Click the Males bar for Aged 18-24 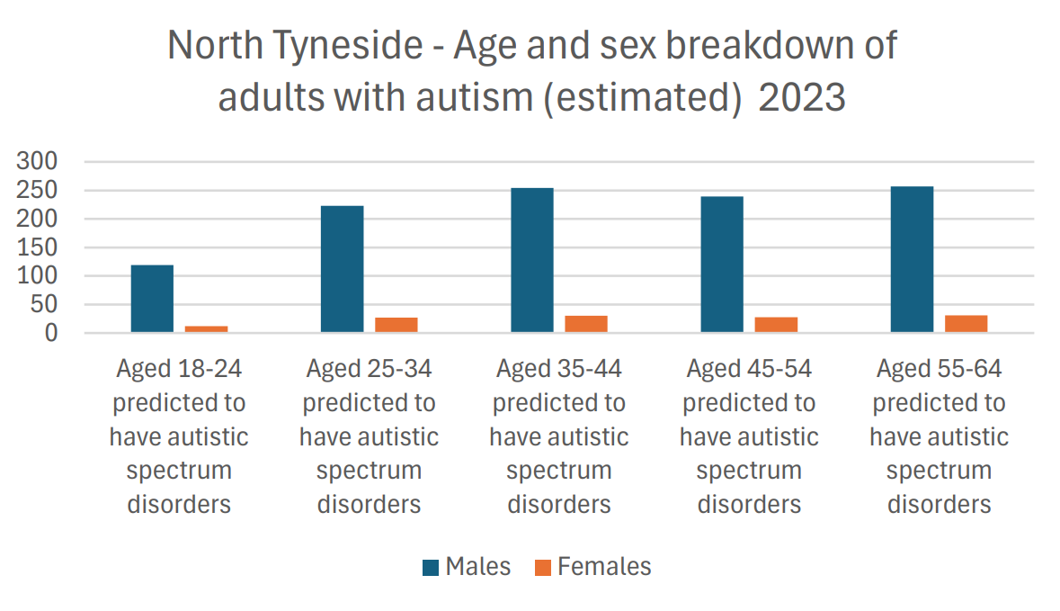click(152, 299)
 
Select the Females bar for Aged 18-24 click(206, 329)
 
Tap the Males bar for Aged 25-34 click(342, 269)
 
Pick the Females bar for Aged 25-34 click(396, 325)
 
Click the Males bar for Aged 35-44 click(532, 260)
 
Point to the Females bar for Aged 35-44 click(586, 324)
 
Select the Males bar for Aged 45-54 click(722, 265)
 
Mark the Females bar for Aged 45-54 click(776, 325)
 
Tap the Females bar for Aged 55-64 click(966, 324)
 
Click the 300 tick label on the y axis click(38, 162)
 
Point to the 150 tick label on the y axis click(38, 247)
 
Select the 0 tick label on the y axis click(50, 333)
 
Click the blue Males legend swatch click(431, 567)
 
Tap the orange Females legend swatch click(542, 567)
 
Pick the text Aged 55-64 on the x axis click(939, 369)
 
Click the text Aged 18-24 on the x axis click(179, 369)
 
